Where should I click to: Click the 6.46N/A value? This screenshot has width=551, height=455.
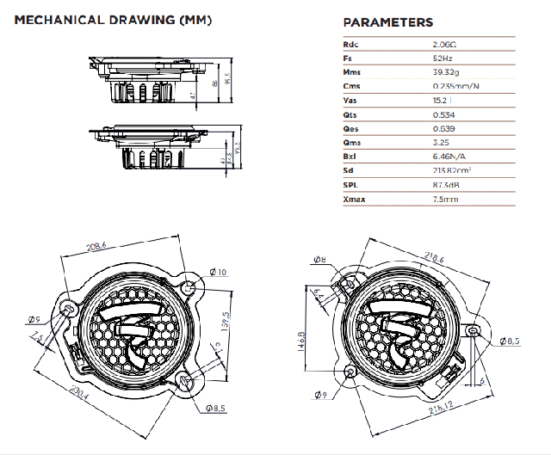coord(450,157)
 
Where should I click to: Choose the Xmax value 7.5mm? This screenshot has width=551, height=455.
coord(445,200)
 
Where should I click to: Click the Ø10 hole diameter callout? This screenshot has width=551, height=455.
coord(218,273)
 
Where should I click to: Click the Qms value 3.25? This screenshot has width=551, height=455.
coord(443,142)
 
